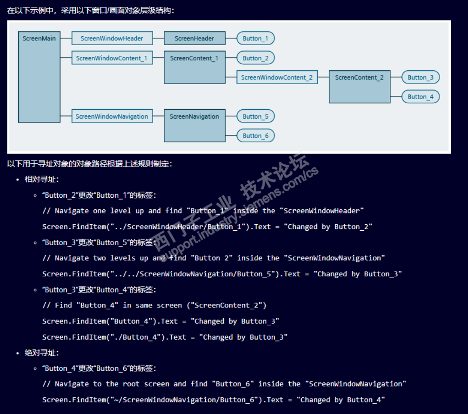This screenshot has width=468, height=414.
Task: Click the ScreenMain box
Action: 39,77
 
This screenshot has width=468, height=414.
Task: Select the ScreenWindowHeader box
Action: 112,38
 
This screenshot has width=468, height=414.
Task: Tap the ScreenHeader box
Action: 194,38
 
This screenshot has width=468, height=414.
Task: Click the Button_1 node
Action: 255,38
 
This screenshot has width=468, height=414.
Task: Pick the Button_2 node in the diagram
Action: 255,58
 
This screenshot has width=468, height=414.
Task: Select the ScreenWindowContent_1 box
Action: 112,58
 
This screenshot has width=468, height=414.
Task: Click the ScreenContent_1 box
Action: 194,67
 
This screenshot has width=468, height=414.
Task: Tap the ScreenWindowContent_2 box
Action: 277,77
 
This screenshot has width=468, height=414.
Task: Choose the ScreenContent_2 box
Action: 360,87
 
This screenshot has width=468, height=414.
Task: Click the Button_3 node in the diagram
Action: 421,77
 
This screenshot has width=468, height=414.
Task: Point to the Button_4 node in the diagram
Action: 421,97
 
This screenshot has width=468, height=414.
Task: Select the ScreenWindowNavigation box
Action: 112,116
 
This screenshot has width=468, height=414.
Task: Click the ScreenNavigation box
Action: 194,126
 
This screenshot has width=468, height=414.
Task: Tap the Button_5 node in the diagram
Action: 255,116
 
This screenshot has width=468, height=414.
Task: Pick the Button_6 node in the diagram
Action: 255,135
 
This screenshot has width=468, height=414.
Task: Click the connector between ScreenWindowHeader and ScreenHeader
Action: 158,38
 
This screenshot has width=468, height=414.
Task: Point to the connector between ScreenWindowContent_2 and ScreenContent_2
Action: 323,77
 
